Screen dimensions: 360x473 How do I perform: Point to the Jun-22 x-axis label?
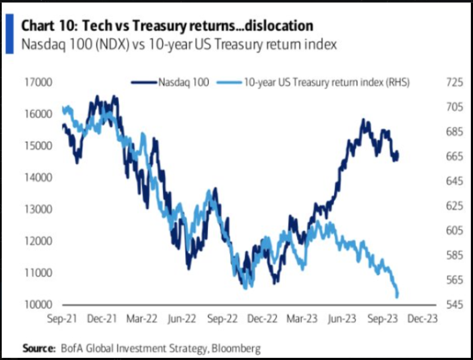(182, 319)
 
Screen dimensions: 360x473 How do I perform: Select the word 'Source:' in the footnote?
(39, 348)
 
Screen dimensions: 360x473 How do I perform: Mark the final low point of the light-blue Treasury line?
(397, 296)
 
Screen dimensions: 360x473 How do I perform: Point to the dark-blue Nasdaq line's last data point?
(398, 153)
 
